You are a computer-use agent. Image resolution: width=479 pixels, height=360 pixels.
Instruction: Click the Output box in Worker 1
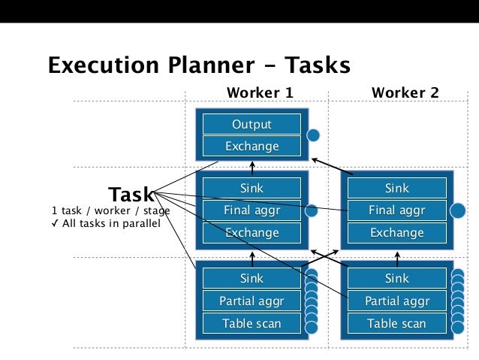(x=252, y=124)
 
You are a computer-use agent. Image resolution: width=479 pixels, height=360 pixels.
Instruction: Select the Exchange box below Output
(x=252, y=146)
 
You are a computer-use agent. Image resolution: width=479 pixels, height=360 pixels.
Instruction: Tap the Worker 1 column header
(x=259, y=92)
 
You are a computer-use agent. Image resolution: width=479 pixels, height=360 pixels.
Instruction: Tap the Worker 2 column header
(x=405, y=92)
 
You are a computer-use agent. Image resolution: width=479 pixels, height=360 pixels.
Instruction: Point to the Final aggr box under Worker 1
(x=252, y=210)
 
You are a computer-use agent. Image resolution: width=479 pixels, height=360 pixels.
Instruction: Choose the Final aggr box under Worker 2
(x=396, y=210)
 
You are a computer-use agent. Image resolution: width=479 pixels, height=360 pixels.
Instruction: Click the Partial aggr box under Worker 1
(x=252, y=301)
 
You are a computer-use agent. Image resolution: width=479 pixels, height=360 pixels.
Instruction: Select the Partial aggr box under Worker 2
(x=396, y=301)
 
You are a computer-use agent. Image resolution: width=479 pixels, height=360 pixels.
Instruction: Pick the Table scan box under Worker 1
(x=252, y=324)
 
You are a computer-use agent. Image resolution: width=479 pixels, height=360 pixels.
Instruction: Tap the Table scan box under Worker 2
(x=396, y=324)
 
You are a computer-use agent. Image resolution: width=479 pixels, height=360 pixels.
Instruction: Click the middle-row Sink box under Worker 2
(x=396, y=189)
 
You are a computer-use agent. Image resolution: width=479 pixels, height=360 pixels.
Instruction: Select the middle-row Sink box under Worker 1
(x=252, y=189)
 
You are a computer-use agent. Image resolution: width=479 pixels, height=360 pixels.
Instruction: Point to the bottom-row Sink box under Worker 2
(x=396, y=279)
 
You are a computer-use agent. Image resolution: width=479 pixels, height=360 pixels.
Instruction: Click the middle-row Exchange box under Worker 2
(x=396, y=233)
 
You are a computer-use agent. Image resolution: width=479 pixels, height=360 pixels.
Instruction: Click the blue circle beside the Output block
(x=314, y=136)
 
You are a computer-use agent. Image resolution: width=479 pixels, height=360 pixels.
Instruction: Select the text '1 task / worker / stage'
(x=110, y=211)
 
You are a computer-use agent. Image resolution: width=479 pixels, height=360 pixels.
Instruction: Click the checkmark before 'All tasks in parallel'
(x=56, y=223)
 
